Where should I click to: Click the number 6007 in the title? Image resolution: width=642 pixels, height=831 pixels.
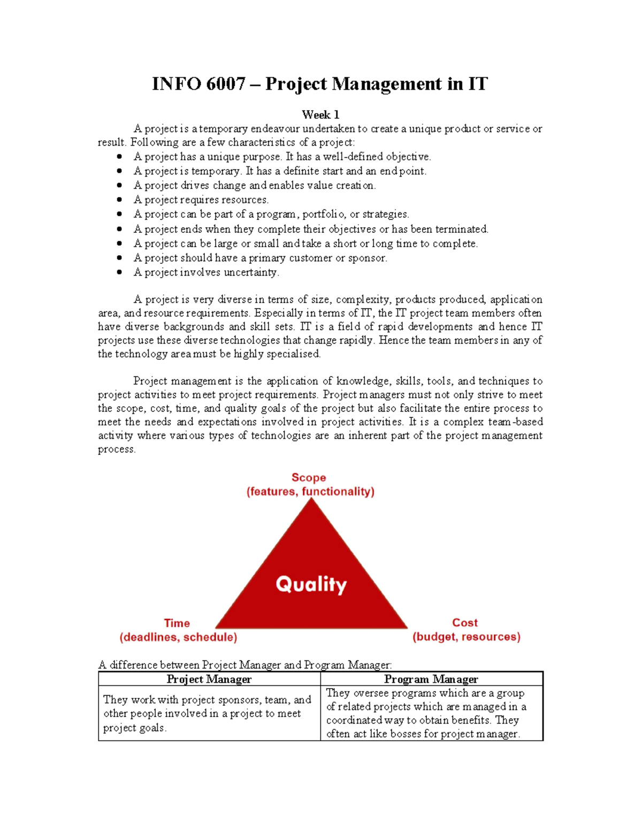coord(225,84)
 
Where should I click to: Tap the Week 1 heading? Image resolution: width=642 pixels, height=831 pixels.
coord(320,115)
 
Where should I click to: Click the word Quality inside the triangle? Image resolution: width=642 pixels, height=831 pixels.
coord(311,584)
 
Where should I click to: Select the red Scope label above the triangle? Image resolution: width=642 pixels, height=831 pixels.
coord(309,477)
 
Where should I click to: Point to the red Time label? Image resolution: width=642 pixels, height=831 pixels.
coord(177,623)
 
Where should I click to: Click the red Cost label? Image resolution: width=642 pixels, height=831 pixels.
coord(465,622)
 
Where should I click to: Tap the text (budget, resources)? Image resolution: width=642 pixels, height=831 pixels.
coord(467,637)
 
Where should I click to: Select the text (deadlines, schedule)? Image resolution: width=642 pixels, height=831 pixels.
coord(178,637)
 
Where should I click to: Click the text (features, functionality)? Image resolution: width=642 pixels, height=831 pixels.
coord(310,491)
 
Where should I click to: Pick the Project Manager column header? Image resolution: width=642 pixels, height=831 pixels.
coord(209,679)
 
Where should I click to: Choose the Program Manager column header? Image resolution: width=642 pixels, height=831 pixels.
coord(431,679)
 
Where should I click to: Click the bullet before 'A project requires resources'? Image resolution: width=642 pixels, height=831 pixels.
coord(119,200)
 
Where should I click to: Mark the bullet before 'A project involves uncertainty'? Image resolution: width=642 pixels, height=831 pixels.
coord(119,272)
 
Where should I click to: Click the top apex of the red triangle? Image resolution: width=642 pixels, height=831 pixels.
coord(311,500)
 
